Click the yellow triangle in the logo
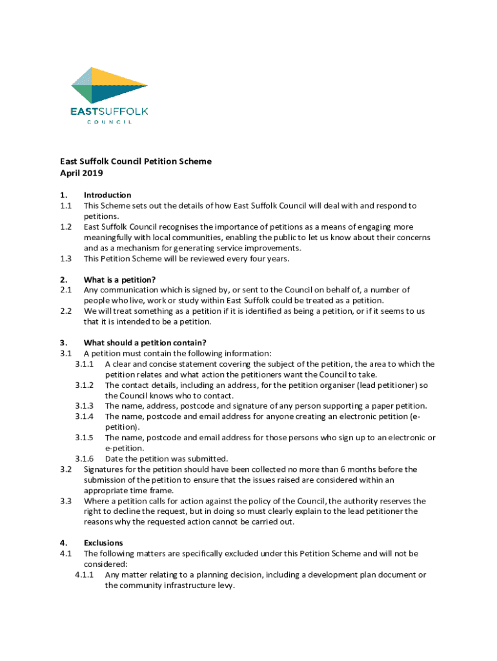[116, 78]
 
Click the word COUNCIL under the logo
[110, 122]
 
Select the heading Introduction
[108, 195]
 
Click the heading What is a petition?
[119, 280]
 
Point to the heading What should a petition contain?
[145, 343]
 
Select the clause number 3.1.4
[85, 416]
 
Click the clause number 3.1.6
[85, 459]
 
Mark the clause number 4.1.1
[85, 575]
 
